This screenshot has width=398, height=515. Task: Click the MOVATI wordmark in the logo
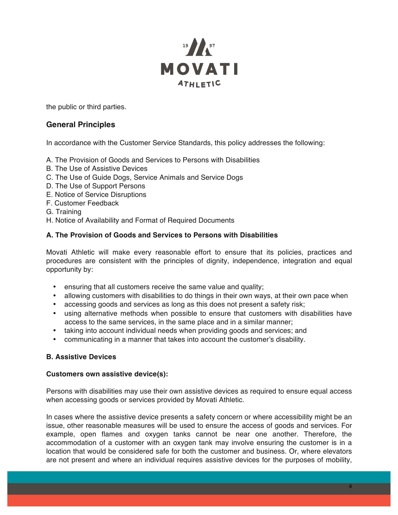pos(199,69)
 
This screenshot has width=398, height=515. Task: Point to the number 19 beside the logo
pos(185,46)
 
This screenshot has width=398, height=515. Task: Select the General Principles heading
pos(81,125)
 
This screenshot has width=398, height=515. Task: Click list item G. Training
pos(64,212)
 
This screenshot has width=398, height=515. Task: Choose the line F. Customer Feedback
pos(82,203)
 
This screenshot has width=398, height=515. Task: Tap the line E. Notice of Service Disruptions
pos(96,194)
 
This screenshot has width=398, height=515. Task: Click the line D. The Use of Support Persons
pos(96,186)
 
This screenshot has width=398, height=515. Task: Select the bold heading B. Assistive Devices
pos(81,357)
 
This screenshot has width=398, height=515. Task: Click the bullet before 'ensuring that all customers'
pos(55,287)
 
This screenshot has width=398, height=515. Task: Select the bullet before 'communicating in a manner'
pos(55,340)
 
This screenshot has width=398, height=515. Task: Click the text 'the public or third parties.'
pos(86,107)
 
